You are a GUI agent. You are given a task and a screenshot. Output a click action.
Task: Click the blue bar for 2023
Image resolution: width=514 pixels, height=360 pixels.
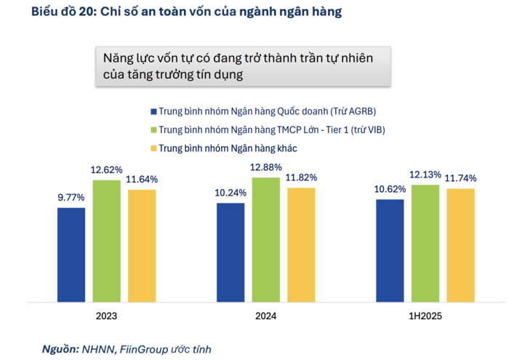[71, 254]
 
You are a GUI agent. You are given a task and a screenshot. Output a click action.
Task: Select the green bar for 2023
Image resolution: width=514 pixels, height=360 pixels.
[106, 240]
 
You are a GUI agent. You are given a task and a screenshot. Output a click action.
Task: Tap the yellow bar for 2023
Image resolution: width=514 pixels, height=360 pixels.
[142, 245]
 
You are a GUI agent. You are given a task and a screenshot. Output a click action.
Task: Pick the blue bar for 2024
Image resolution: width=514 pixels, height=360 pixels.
[230, 252]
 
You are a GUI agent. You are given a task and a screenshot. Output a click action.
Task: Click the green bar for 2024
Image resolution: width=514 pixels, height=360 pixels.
[265, 239]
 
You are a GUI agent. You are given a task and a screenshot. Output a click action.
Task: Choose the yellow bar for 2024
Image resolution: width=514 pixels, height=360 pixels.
[301, 244]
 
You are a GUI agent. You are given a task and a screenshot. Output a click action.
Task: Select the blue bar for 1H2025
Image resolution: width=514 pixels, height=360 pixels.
[390, 249]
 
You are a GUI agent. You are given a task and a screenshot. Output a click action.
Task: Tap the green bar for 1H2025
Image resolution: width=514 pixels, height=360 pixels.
[425, 242]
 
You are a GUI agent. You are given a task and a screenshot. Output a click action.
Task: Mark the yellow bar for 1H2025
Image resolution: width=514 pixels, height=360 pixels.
[460, 244]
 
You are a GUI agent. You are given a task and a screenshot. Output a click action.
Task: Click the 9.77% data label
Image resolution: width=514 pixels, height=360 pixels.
[71, 197]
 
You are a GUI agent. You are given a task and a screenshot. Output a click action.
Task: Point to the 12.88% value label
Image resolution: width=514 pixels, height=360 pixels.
[265, 167]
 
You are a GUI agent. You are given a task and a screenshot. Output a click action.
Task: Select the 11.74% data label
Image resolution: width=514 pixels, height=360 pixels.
[460, 178]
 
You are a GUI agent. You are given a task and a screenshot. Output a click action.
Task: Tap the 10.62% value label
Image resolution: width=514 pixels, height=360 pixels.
[390, 188]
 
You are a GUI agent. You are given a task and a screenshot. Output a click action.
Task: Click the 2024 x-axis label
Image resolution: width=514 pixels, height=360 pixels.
[265, 317]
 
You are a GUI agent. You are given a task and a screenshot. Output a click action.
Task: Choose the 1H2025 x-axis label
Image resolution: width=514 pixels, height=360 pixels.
[425, 317]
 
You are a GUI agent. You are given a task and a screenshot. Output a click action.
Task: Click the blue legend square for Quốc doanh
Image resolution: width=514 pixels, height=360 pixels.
[153, 111]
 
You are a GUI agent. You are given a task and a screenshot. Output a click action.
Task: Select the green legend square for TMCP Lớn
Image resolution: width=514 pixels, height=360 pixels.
[153, 130]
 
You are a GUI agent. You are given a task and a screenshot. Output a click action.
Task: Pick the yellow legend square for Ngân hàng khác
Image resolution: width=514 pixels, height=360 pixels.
[153, 148]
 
